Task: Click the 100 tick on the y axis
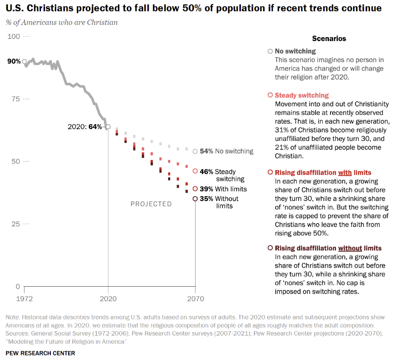[x=13, y=37]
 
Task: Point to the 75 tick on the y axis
[x=15, y=99]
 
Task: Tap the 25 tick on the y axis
[x=15, y=224]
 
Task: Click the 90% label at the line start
[x=14, y=62]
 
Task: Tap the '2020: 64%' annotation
[x=85, y=127]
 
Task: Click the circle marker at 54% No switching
[x=195, y=152]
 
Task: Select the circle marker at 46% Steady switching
[x=195, y=171]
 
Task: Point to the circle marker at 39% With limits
[x=195, y=189]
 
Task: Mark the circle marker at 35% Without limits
[x=195, y=199]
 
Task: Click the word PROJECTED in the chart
[x=151, y=204]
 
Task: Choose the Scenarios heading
[x=329, y=39]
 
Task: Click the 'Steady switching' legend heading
[x=302, y=95]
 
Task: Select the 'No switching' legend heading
[x=295, y=51]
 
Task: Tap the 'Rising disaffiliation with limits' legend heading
[x=323, y=173]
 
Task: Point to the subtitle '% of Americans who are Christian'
[x=62, y=22]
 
